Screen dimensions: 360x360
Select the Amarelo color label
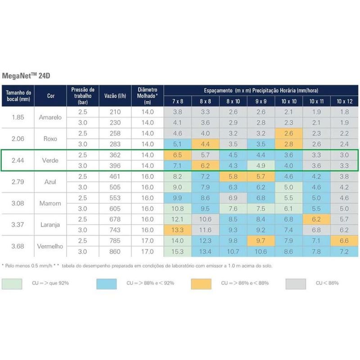pyautogui.click(x=50, y=117)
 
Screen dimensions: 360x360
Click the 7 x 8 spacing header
pyautogui.click(x=178, y=101)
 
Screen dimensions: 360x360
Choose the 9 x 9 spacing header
pyautogui.click(x=261, y=101)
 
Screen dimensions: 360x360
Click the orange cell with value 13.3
pyautogui.click(x=178, y=230)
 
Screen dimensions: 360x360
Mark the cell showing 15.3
pyautogui.click(x=178, y=252)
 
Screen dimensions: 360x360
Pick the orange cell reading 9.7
pyautogui.click(x=261, y=241)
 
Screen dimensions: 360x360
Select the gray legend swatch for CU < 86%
pyautogui.click(x=295, y=283)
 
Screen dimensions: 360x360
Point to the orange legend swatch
pyautogui.click(x=201, y=283)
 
